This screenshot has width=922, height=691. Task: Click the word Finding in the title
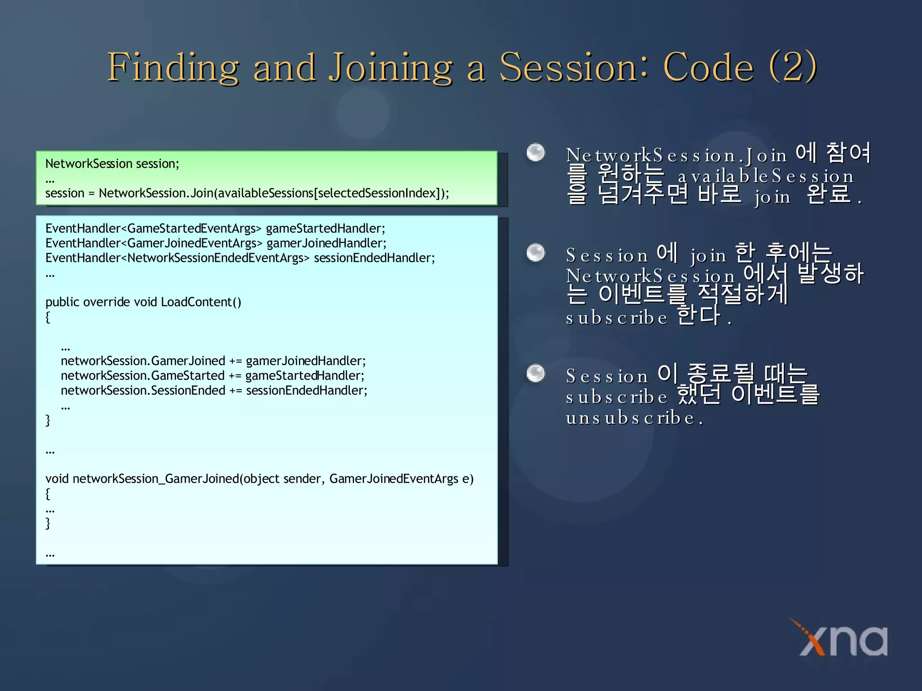pos(173,67)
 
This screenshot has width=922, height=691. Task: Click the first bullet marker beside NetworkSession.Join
pos(536,153)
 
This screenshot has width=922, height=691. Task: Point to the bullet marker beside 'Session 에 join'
pos(536,252)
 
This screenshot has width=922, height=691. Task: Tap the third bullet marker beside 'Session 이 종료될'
pos(536,373)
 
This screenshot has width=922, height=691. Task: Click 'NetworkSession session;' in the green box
pos(112,164)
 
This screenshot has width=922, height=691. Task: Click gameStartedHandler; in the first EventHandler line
pos(325,229)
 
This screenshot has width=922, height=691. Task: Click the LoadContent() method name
pos(201,302)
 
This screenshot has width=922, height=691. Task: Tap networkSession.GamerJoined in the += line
pos(143,361)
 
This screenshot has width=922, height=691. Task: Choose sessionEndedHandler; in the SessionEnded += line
pos(307,390)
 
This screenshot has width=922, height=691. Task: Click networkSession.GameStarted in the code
pos(142,376)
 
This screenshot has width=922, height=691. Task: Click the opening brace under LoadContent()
pos(48,317)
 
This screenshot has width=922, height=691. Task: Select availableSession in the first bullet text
pos(765,176)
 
